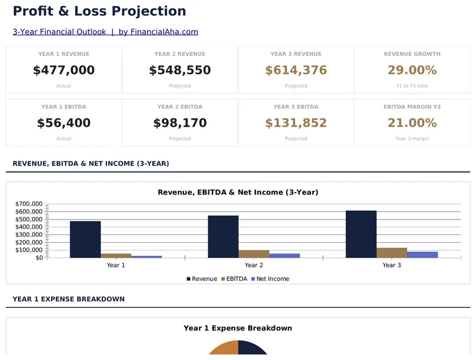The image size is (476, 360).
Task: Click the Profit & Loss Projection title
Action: pos(99,11)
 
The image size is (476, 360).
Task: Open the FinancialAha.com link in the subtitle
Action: pos(158,32)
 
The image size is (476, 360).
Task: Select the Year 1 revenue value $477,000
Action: pos(64,70)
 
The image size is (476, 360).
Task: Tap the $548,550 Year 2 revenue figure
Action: pos(180,70)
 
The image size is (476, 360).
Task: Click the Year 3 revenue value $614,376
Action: pos(296,70)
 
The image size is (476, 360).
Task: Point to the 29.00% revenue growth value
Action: pos(412,70)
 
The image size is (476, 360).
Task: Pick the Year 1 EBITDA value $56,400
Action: pos(64,123)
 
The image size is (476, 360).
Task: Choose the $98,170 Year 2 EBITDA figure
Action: pos(180,123)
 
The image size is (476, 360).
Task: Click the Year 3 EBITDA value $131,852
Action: pos(296,123)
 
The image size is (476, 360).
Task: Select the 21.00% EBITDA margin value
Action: pos(412,123)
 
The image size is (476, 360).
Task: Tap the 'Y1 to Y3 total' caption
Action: pos(412,86)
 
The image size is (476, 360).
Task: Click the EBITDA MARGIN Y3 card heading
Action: pos(412,107)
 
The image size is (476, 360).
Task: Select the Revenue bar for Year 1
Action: pos(85,239)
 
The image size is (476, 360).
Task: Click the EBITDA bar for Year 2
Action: pos(254,253)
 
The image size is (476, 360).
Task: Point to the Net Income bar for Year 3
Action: pos(422,255)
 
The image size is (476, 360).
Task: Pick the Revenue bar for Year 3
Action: pos(361,234)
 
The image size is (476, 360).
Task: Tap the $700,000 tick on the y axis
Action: pos(29,204)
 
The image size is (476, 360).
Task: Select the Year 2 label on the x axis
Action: pos(254,265)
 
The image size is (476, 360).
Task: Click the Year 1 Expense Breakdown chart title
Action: pos(237,328)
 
